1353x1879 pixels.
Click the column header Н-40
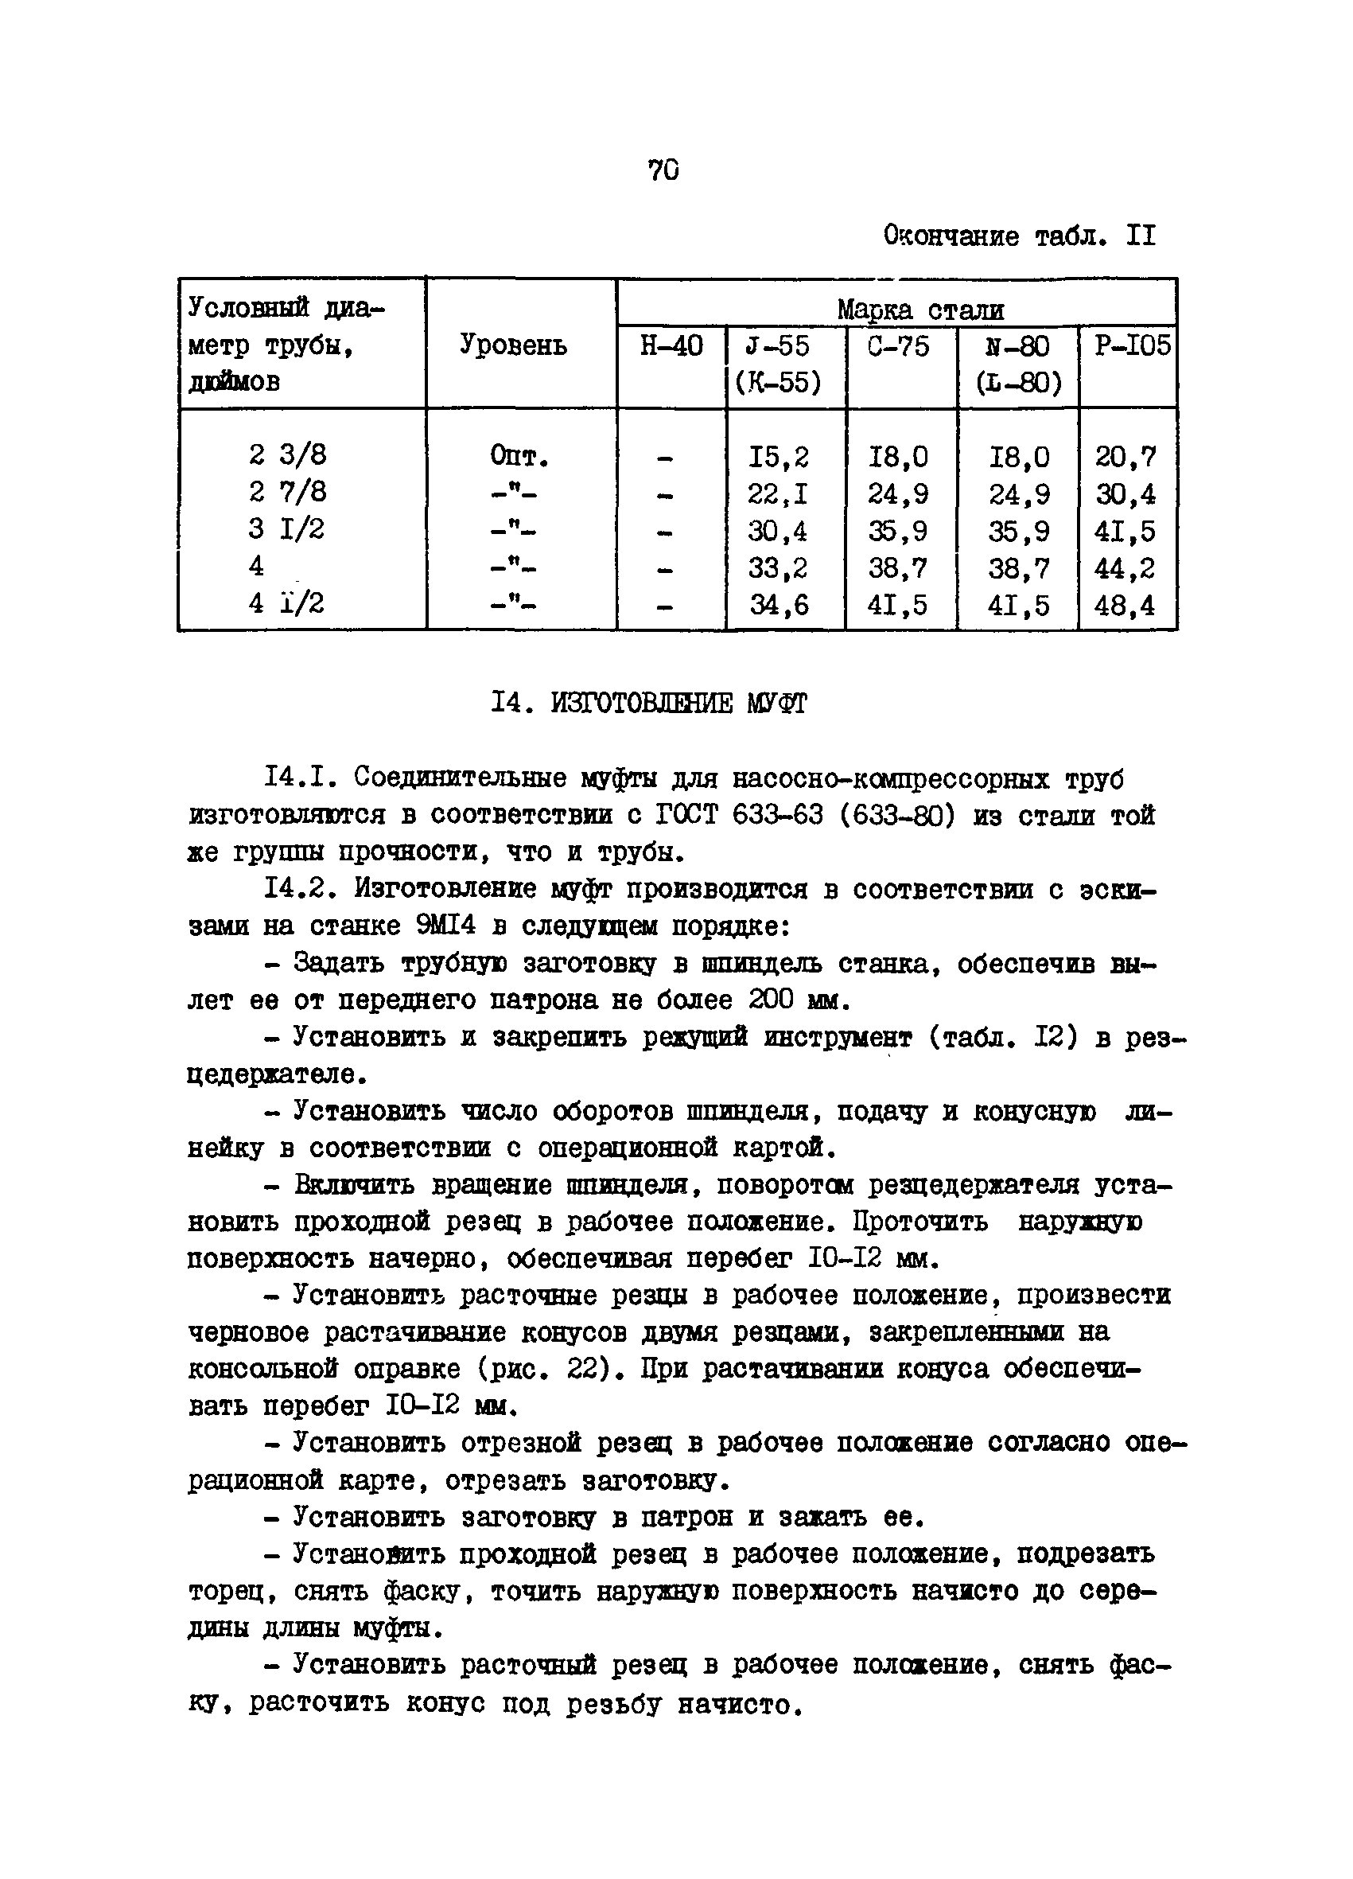(x=671, y=345)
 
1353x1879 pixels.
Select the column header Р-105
(x=1132, y=345)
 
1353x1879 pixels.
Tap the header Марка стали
(x=920, y=310)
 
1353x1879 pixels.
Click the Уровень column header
(x=513, y=345)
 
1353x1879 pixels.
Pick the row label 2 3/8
(x=287, y=455)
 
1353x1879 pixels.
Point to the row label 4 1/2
(x=287, y=603)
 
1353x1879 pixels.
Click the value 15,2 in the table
(x=778, y=457)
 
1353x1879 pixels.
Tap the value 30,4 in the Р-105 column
(x=1126, y=493)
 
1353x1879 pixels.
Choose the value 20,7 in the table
(x=1126, y=457)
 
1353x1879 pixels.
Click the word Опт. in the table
(x=519, y=457)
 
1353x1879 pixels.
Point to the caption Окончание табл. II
(x=1018, y=237)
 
